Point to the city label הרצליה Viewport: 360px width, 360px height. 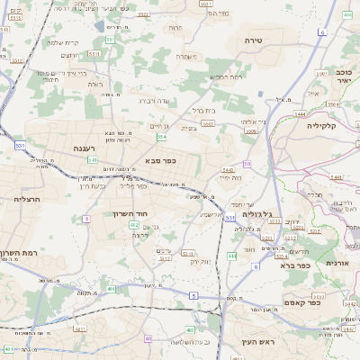pos(30,198)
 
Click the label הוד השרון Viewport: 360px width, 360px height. pos(129,213)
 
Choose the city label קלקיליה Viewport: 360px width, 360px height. pos(320,126)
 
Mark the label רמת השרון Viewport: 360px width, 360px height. pos(17,254)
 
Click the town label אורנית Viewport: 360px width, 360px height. pos(335,262)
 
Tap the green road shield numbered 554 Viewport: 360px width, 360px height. pos(161,137)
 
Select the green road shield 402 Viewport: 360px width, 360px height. pos(133,225)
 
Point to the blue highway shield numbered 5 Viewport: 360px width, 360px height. pos(193,295)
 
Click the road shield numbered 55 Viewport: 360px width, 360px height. pos(247,164)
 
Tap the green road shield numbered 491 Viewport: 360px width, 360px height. pos(112,289)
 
